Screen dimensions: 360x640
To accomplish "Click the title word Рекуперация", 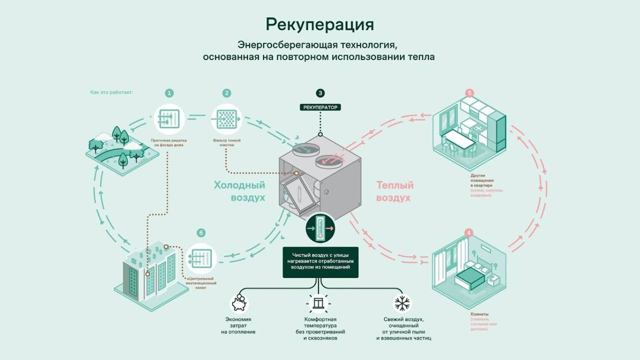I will pyautogui.click(x=320, y=25).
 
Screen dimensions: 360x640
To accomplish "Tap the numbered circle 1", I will pyautogui.click(x=169, y=93).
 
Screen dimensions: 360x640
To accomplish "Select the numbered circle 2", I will pyautogui.click(x=227, y=93).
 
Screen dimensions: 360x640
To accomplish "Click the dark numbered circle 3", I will pyautogui.click(x=320, y=93).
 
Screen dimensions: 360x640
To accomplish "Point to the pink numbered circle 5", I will pyautogui.click(x=469, y=93).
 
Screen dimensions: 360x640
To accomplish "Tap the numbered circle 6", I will pyautogui.click(x=201, y=233).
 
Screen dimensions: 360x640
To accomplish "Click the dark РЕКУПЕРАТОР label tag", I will pyautogui.click(x=320, y=107).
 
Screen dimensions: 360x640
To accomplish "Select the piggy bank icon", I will pyautogui.click(x=239, y=303).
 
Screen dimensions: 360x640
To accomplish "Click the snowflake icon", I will pyautogui.click(x=402, y=303).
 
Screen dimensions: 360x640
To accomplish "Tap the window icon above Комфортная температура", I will pyautogui.click(x=320, y=303).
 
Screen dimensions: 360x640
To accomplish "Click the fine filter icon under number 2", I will pyautogui.click(x=226, y=119).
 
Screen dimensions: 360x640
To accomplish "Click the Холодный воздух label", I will pyautogui.click(x=240, y=191).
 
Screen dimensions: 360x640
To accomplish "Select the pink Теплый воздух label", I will pyautogui.click(x=395, y=191).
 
